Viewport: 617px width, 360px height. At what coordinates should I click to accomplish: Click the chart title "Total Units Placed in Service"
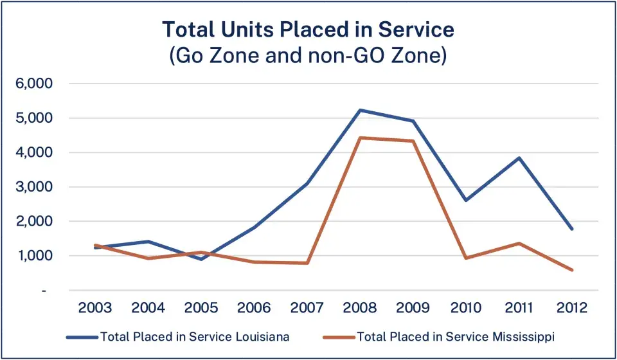coord(308,30)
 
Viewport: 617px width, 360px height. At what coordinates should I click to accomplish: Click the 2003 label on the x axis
coord(95,308)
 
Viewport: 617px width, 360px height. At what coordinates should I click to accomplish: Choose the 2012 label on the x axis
coord(571,308)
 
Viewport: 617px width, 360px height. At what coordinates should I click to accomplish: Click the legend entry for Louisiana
coord(186,336)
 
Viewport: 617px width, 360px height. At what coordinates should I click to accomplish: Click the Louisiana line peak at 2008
coord(360,110)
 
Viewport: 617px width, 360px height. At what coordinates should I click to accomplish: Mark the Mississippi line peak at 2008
coord(360,138)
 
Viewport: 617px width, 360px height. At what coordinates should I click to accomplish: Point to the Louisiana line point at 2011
coord(519,157)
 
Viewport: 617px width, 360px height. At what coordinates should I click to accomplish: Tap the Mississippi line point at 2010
coord(465,258)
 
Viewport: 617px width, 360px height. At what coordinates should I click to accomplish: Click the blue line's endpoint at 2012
coord(571,229)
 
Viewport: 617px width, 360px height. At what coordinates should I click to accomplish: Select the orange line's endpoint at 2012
coord(571,270)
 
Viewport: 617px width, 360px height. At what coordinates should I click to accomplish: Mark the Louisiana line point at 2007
coord(307,184)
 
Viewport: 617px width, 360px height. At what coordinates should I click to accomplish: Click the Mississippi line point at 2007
coord(307,263)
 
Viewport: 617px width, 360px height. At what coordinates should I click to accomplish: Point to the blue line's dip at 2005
coord(202,259)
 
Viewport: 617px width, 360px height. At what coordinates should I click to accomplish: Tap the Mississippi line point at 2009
coord(413,141)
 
